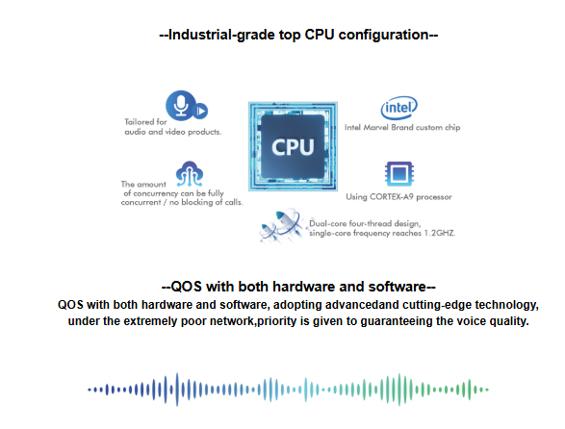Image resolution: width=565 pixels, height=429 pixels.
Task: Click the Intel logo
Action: [x=398, y=108]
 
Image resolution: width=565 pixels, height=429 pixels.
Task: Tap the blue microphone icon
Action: [x=181, y=106]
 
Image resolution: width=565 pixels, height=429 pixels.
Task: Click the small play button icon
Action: [x=200, y=111]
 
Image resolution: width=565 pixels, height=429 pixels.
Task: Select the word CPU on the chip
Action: [x=293, y=147]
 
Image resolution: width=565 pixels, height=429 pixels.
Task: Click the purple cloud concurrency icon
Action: [x=190, y=173]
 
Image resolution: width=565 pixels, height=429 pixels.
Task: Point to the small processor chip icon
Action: [x=398, y=174]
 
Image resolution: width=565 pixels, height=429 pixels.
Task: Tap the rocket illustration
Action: [x=282, y=226]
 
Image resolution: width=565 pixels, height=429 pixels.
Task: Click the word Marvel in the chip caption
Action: [x=375, y=128]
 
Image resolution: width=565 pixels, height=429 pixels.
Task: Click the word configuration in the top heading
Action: [x=383, y=36]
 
